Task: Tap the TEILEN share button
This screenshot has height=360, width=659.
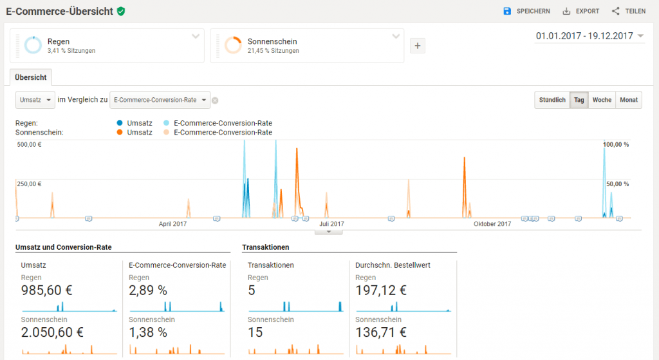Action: pos(628,11)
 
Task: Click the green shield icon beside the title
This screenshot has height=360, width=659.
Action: pos(120,11)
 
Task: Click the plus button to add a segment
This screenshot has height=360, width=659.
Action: pos(417,46)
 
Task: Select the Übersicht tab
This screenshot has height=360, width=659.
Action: pos(30,77)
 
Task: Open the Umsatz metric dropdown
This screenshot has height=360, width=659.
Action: pos(35,100)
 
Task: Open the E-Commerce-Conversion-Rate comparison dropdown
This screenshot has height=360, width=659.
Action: pos(160,100)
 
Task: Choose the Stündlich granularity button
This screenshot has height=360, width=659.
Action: pos(552,100)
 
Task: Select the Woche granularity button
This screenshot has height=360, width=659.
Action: pos(602,100)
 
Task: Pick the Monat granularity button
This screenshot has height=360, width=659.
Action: pos(629,100)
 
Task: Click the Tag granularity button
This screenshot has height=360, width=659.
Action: pos(579,100)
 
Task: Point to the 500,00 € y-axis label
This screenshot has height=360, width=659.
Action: pos(29,145)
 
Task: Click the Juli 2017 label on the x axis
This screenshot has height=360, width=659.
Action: pos(333,224)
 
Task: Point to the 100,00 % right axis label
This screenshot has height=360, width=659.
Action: pos(616,145)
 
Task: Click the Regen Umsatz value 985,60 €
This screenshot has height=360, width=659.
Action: pos(46,290)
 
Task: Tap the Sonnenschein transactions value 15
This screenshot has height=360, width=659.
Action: pos(255,332)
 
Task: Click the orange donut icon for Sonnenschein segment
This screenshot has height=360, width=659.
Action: pos(233,45)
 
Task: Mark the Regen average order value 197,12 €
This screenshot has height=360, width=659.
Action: pos(380,290)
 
